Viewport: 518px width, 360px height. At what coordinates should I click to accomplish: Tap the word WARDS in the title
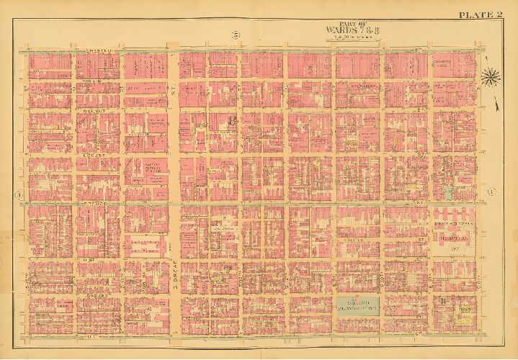pos(341,30)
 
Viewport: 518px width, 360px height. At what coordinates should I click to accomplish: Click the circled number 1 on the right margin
pos(491,192)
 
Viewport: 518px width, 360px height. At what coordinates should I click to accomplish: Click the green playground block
pos(358,304)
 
